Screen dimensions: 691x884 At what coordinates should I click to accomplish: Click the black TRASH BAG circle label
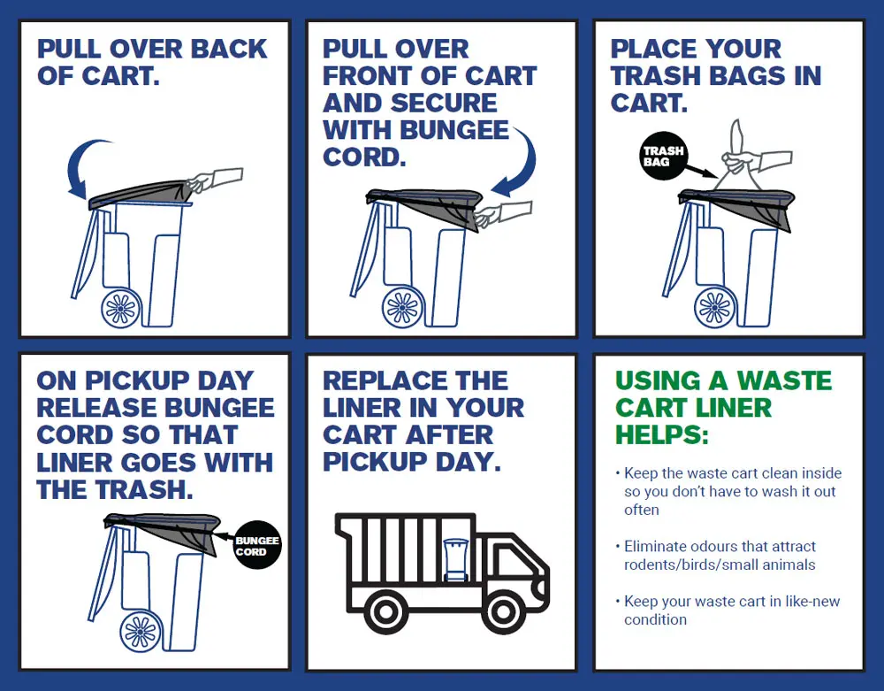pyautogui.click(x=663, y=157)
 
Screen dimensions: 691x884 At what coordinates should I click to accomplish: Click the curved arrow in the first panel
pyautogui.click(x=87, y=168)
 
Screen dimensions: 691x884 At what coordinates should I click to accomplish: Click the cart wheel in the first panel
pyautogui.click(x=122, y=309)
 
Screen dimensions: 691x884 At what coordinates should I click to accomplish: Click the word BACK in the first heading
pyautogui.click(x=225, y=50)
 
